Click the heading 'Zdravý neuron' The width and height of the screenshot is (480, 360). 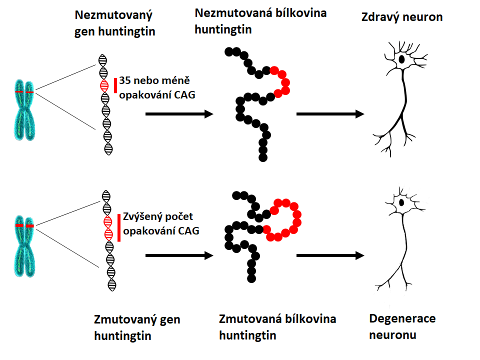pyautogui.click(x=401, y=17)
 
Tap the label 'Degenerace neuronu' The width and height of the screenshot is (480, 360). pyautogui.click(x=402, y=326)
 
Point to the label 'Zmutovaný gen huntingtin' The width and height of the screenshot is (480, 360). pyautogui.click(x=136, y=327)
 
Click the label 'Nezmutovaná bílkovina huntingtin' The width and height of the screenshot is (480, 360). pyautogui.click(x=260, y=21)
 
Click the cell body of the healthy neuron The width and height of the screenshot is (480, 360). pyautogui.click(x=401, y=59)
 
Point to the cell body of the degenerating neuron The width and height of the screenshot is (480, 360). pyautogui.click(x=401, y=202)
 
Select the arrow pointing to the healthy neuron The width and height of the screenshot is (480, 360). pyautogui.click(x=330, y=114)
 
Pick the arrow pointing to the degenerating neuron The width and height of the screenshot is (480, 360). pyautogui.click(x=330, y=255)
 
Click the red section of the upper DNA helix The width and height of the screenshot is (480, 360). pyautogui.click(x=104, y=85)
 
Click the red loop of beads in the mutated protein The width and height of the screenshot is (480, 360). pyautogui.click(x=283, y=219)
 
